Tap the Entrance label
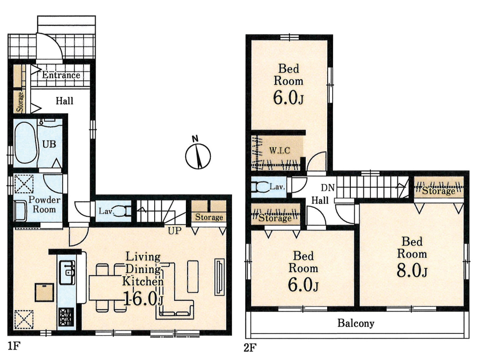(61, 75)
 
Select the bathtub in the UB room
(26, 142)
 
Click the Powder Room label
(44, 205)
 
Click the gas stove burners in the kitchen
(66, 317)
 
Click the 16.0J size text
(143, 299)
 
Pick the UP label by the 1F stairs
(174, 231)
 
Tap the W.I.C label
(280, 150)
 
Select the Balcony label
(356, 323)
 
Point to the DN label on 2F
(328, 188)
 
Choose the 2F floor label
(250, 348)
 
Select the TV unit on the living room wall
(220, 277)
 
